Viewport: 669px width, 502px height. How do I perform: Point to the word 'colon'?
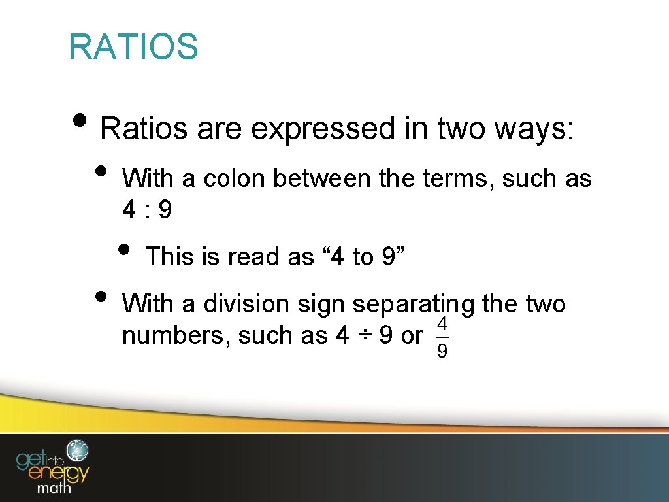236,178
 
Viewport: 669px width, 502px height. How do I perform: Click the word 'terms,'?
460,178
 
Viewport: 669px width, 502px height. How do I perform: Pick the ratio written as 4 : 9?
147,210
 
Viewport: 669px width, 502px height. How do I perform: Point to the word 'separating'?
414,304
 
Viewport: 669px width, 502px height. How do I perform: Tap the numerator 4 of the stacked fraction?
442,323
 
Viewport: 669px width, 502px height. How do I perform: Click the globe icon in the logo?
78,450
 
